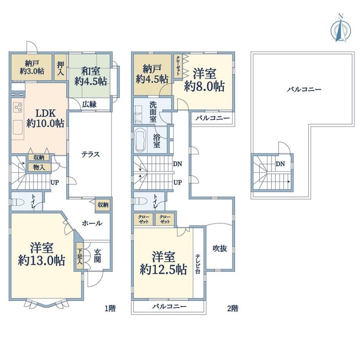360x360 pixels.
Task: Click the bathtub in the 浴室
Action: pyautogui.click(x=140, y=140)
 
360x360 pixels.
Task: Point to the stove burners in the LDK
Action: pyautogui.click(x=18, y=107)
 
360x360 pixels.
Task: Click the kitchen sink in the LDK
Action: pyautogui.click(x=18, y=127)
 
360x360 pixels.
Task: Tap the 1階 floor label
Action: pyautogui.click(x=110, y=308)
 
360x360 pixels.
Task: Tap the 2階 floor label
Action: pyautogui.click(x=232, y=308)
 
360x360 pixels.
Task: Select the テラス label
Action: pyautogui.click(x=90, y=154)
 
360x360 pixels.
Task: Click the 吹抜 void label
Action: pyautogui.click(x=220, y=248)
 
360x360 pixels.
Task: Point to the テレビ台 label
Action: pyautogui.click(x=198, y=264)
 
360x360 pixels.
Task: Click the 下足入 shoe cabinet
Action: pyautogui.click(x=79, y=256)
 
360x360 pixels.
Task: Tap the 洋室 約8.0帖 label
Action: pyautogui.click(x=204, y=80)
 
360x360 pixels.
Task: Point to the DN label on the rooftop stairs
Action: pyautogui.click(x=280, y=164)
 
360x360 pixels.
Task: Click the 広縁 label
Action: pyautogui.click(x=89, y=104)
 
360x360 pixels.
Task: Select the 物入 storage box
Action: pyautogui.click(x=39, y=167)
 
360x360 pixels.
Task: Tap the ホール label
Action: pyautogui.click(x=92, y=223)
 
